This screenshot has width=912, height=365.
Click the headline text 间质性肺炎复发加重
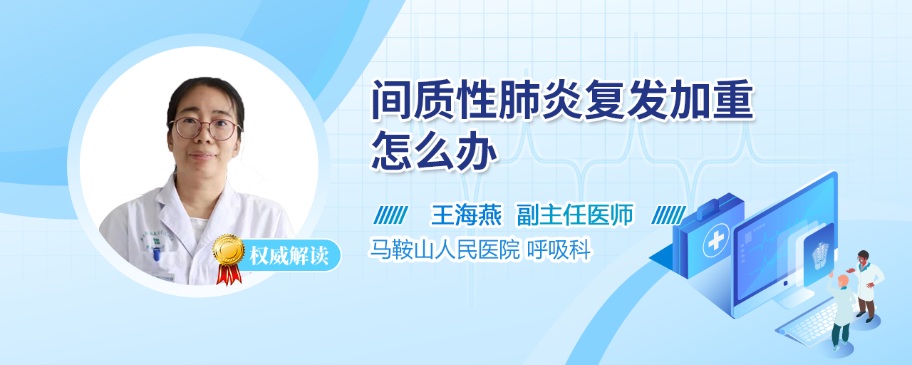(x=563, y=100)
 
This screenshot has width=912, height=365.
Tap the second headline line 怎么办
(x=435, y=150)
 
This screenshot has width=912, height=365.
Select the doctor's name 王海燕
(x=466, y=215)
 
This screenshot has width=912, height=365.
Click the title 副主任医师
(x=575, y=215)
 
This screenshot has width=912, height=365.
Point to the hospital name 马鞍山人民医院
(x=445, y=250)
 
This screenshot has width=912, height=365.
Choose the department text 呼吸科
(x=559, y=250)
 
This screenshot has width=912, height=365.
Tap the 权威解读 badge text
(x=289, y=255)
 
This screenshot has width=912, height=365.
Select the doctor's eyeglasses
(x=204, y=128)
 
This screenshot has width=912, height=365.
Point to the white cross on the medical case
(x=716, y=240)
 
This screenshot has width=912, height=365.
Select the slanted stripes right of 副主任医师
(x=669, y=215)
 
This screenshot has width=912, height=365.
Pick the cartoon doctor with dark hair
(x=866, y=285)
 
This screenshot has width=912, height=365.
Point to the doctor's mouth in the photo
(x=202, y=155)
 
